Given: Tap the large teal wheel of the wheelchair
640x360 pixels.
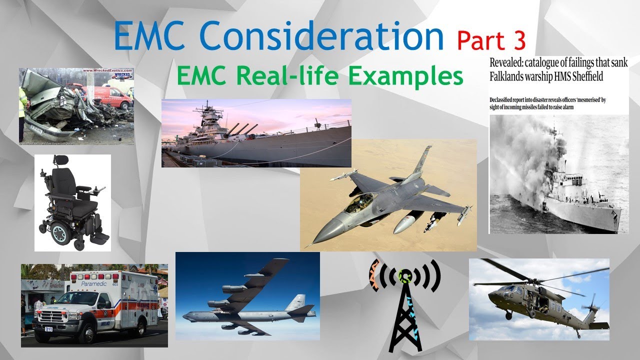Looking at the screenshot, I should click(60, 232).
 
